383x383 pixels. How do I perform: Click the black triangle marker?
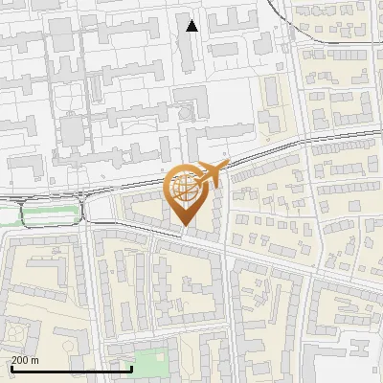192,26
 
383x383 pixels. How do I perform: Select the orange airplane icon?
213,173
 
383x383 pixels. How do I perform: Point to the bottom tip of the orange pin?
184,225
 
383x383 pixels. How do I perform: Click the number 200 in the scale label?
21,360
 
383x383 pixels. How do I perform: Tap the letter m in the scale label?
35,360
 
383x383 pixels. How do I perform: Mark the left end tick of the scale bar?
11,368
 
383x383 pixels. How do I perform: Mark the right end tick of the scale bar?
131,368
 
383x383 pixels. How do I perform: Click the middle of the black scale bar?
71,369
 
